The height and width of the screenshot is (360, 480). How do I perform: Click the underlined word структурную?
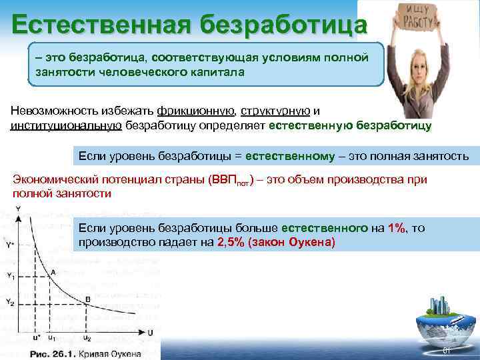(x=273, y=111)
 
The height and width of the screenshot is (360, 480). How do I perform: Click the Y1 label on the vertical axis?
(x=10, y=276)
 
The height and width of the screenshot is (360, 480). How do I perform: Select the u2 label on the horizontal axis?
(x=87, y=339)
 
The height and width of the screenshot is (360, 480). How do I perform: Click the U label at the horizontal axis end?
(x=151, y=332)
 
